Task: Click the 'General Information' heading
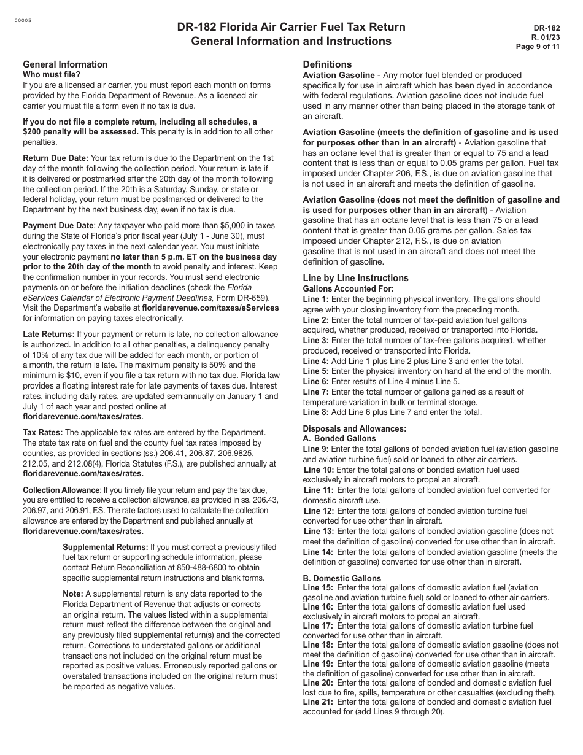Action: point(65,64)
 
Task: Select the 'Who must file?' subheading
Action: point(52,75)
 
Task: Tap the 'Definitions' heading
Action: point(327,64)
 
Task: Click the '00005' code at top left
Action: point(23,20)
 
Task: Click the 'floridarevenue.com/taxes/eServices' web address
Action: point(210,308)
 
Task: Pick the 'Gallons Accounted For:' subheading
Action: point(348,288)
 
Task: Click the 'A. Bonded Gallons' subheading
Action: point(339,439)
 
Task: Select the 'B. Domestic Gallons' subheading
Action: point(342,578)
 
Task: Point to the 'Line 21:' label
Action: point(319,702)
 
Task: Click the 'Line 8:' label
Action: point(316,412)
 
